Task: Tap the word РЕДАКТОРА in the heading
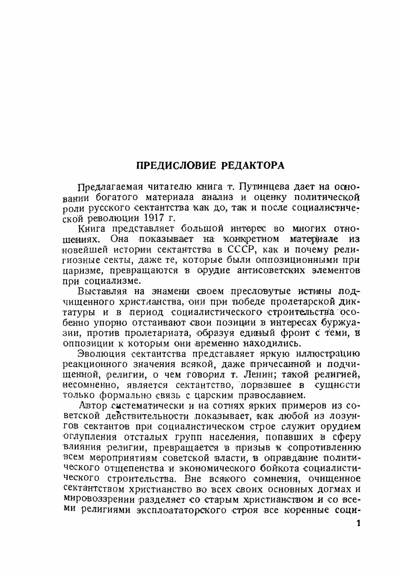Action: [253, 166]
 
